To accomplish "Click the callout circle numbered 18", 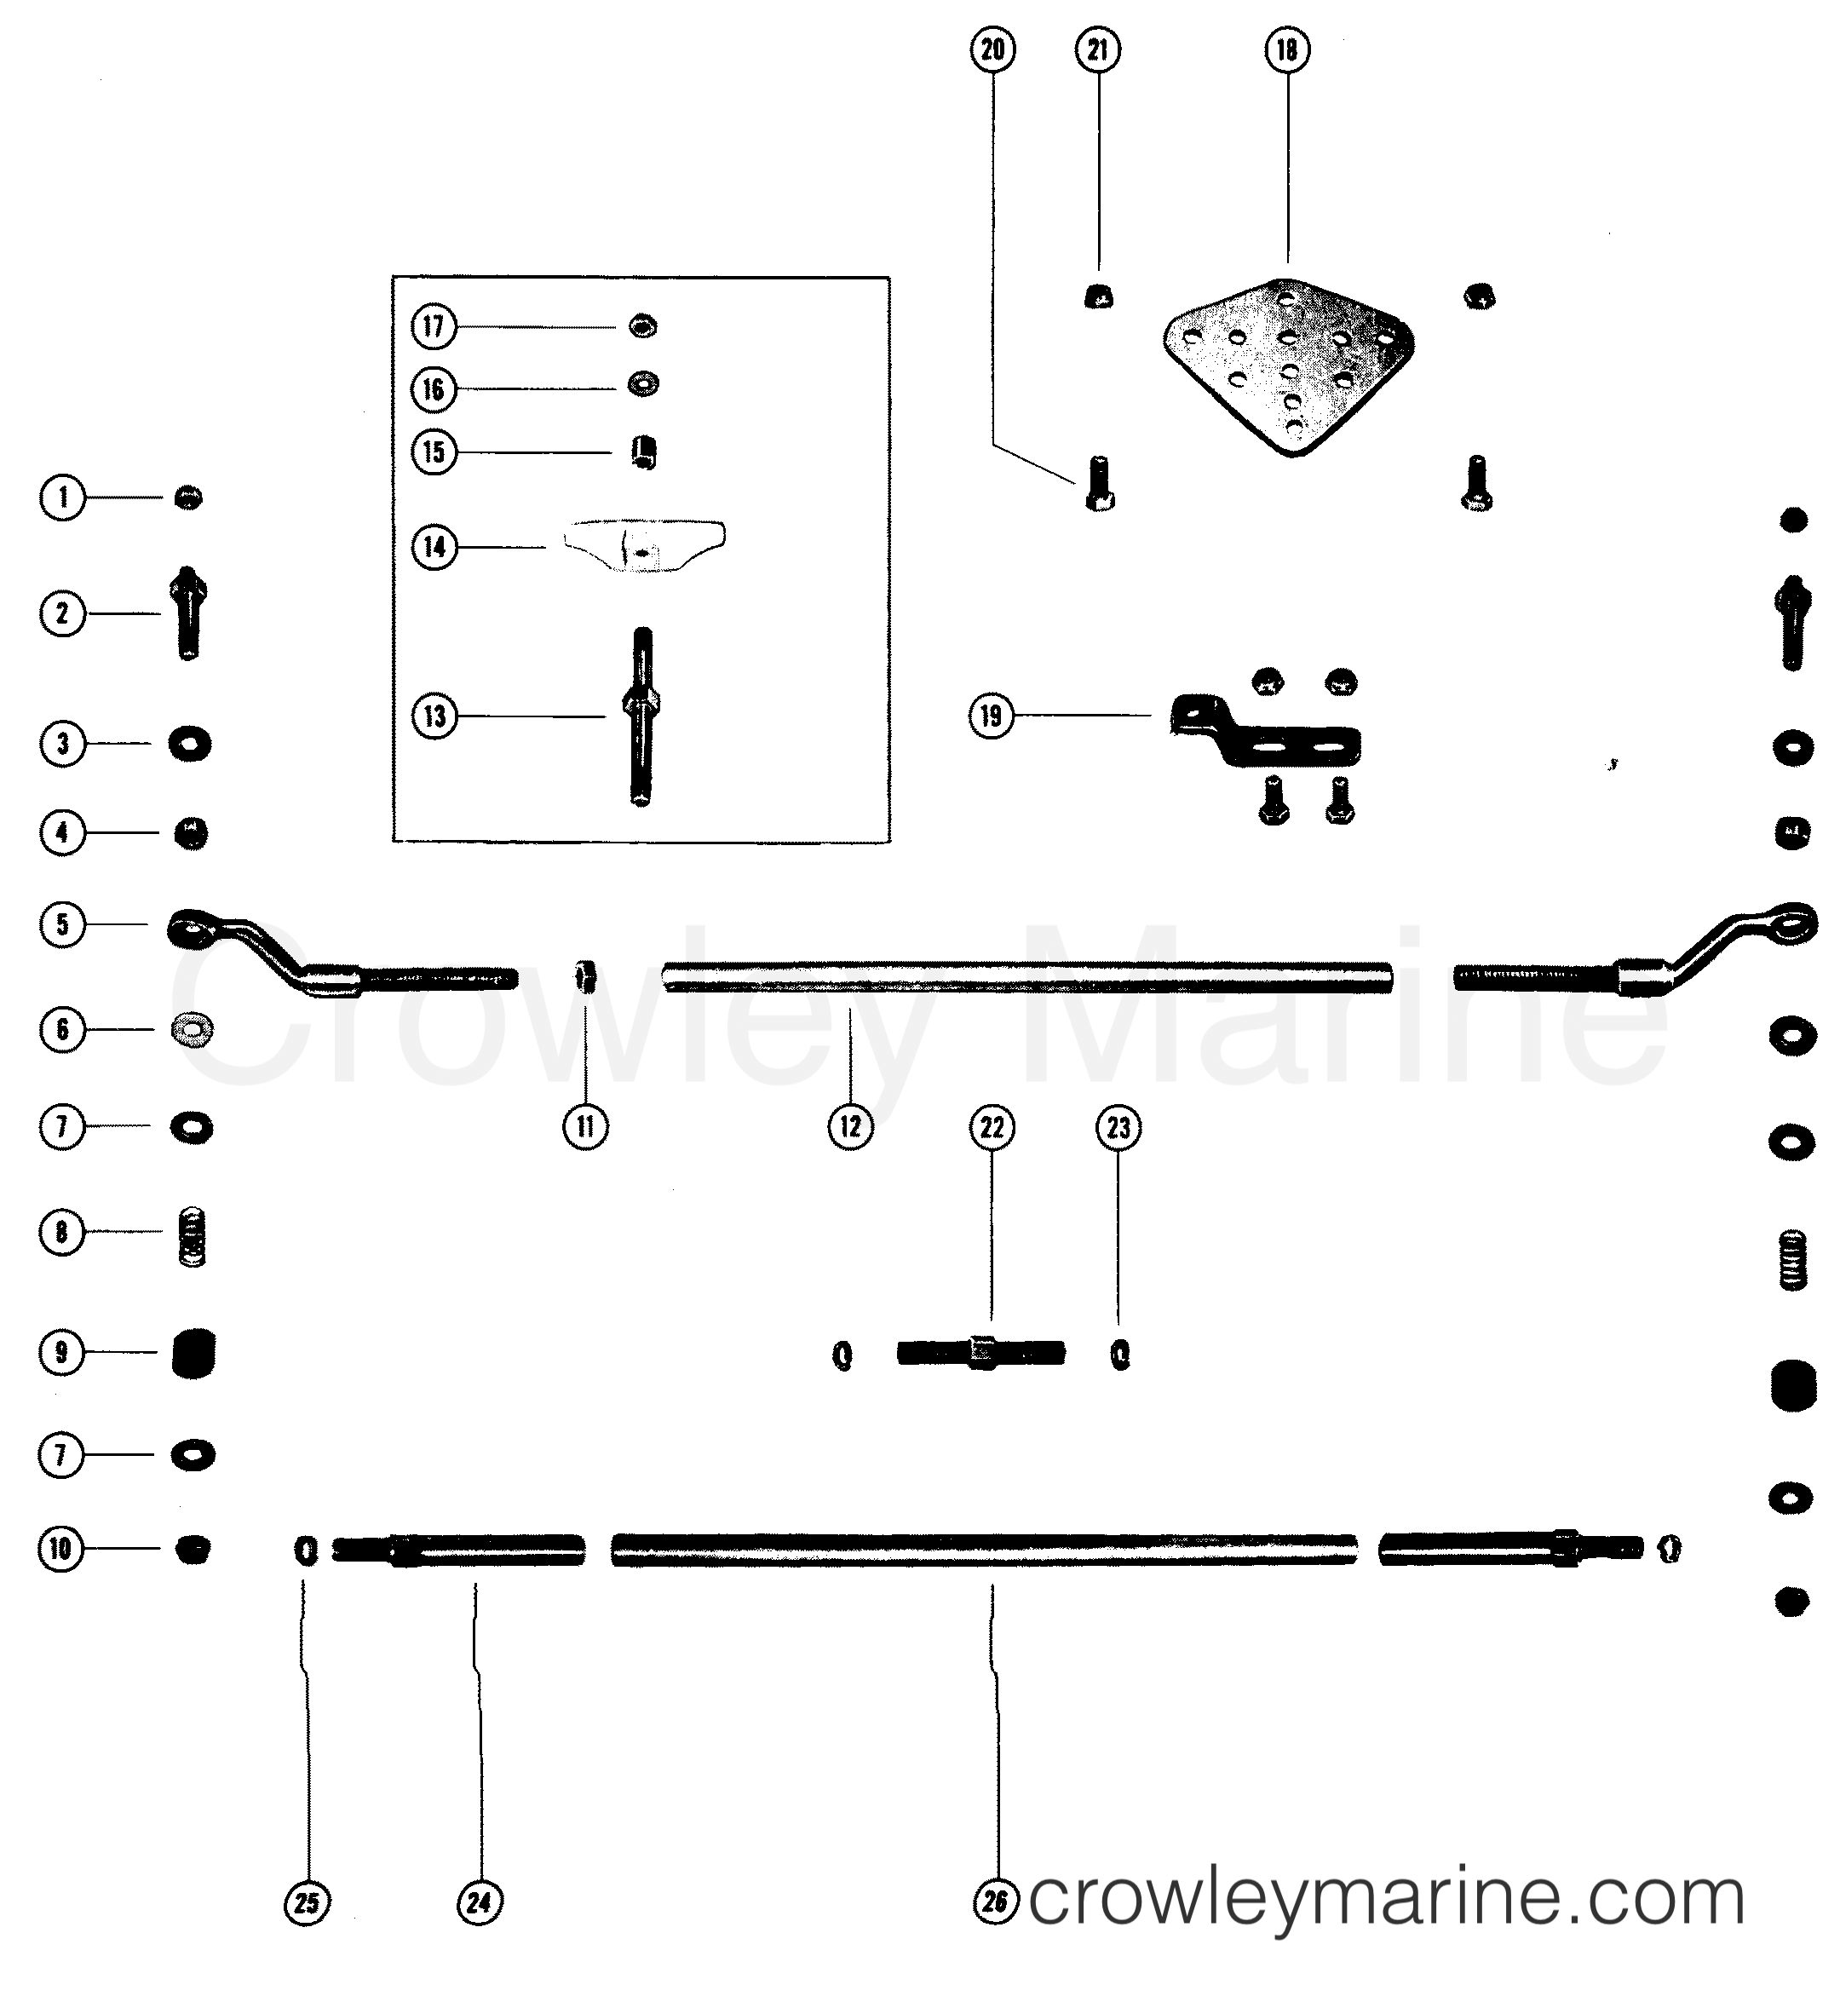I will point(1286,49).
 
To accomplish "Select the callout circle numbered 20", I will point(992,49).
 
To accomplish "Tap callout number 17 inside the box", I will point(433,326).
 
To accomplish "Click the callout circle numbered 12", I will point(849,1127).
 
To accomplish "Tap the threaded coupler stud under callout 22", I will point(981,1354).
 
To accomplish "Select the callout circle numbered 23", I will point(1118,1128).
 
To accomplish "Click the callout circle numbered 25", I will point(307,1903).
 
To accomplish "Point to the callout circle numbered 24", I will point(479,1903).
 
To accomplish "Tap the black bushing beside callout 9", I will point(193,1353).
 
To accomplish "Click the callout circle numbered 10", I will point(60,1549).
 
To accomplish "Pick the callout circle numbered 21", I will point(1098,49).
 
